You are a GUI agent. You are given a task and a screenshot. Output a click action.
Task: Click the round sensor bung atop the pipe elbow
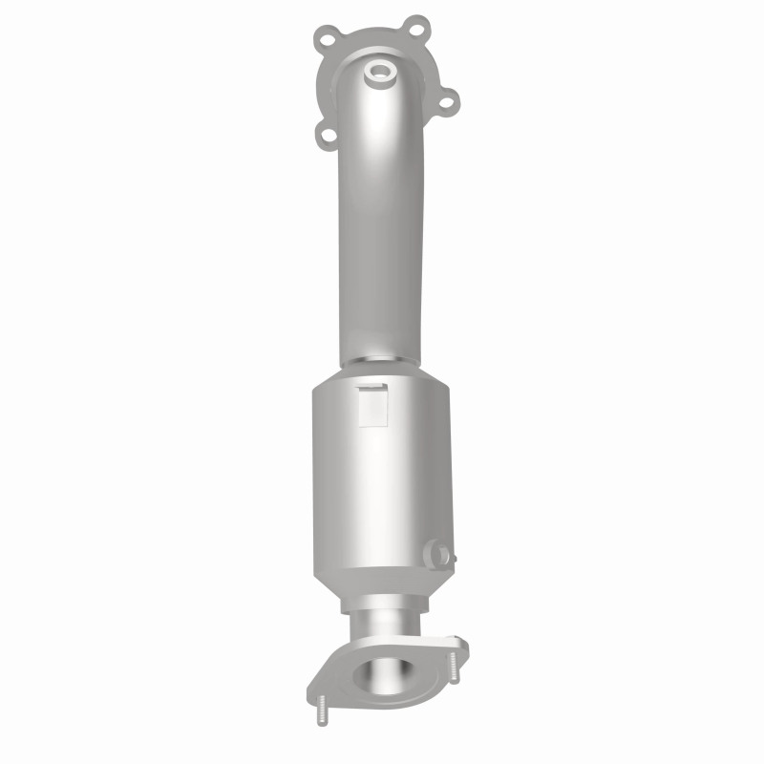point(379,71)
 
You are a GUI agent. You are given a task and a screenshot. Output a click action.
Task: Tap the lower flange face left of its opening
point(334,680)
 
